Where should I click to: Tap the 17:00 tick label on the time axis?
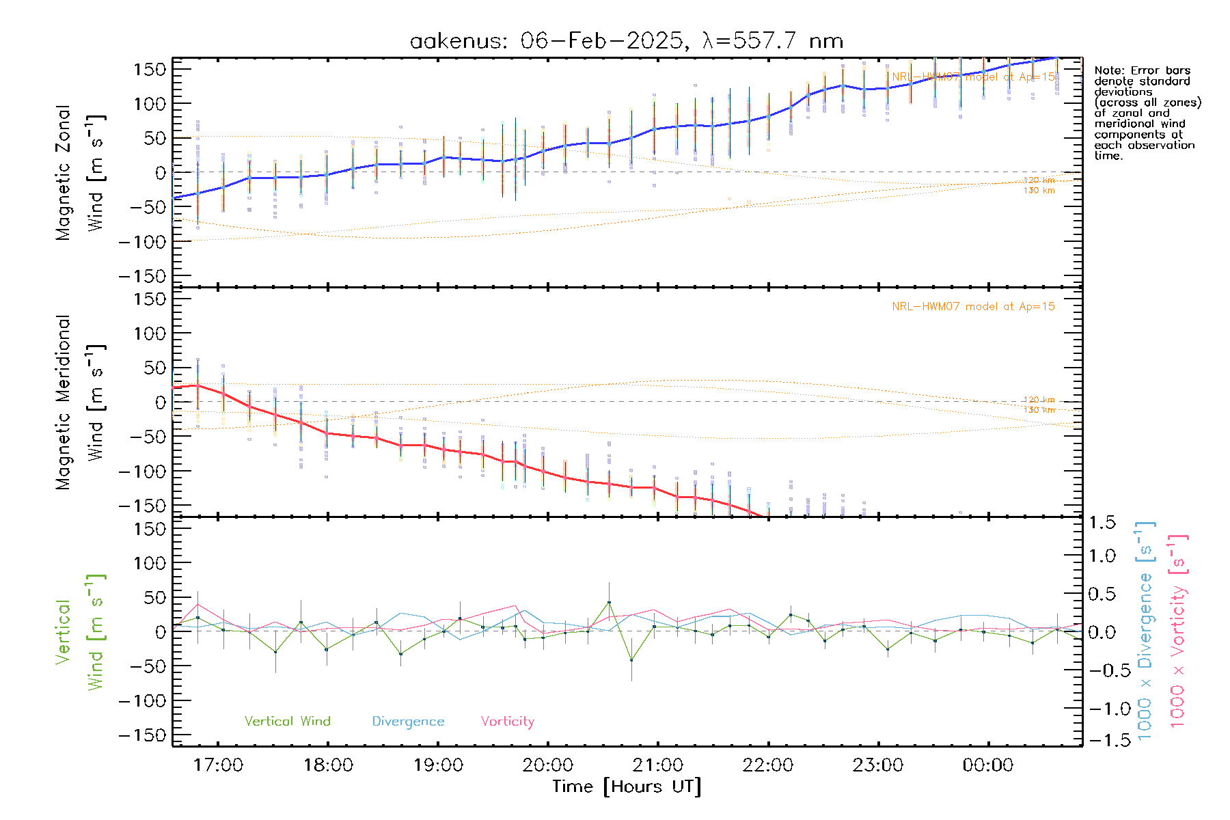(218, 765)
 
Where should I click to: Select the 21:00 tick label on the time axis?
(657, 765)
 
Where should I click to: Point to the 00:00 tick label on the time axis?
(987, 765)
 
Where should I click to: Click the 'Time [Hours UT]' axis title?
(627, 787)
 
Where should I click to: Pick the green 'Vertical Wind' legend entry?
(287, 721)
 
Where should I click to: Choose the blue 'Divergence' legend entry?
(408, 721)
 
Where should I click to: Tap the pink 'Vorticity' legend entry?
(507, 721)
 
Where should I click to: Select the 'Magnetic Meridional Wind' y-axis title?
(81, 402)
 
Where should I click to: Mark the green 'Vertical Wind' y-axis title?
(81, 632)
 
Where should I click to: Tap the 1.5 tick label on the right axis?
(1102, 523)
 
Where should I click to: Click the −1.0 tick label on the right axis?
(1102, 709)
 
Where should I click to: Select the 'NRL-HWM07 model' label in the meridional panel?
(973, 306)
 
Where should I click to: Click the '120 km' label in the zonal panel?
(1039, 180)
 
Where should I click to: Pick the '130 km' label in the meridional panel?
(1039, 410)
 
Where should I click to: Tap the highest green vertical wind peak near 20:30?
(609, 603)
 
